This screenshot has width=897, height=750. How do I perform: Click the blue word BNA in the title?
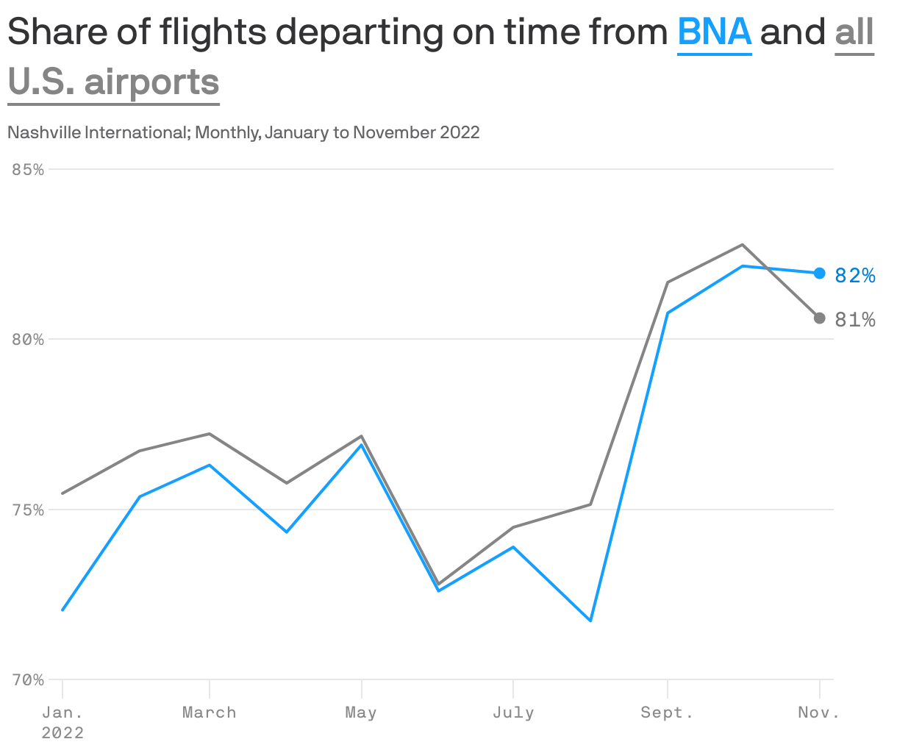pos(714,32)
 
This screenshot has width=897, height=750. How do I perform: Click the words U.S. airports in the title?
pos(114,82)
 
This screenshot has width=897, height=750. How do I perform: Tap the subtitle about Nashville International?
pos(243,132)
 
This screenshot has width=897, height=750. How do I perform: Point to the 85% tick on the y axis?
pos(29,169)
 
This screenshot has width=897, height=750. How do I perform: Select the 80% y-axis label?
pos(29,340)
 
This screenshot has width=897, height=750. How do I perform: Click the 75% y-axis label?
pos(29,510)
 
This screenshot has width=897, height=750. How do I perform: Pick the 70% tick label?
pos(29,680)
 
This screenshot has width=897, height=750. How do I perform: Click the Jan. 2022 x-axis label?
pos(62,721)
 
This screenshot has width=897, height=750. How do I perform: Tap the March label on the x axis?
pos(210,712)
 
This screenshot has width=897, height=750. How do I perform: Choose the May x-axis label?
pos(361,712)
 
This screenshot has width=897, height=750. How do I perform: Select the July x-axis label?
pos(513,712)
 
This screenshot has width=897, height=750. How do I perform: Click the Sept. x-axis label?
pos(667,712)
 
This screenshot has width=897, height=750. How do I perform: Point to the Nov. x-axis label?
pos(818,712)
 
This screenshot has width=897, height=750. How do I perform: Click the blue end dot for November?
pos(819,273)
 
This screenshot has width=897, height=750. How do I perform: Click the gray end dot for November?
pos(819,318)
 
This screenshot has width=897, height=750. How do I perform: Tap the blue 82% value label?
pos(855,275)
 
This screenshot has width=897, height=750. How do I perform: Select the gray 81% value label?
pos(855,320)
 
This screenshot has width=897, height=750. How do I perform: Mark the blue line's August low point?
pos(590,621)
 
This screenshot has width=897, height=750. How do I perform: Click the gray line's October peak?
pos(743,244)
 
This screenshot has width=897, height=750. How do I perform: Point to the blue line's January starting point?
pos(62,610)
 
